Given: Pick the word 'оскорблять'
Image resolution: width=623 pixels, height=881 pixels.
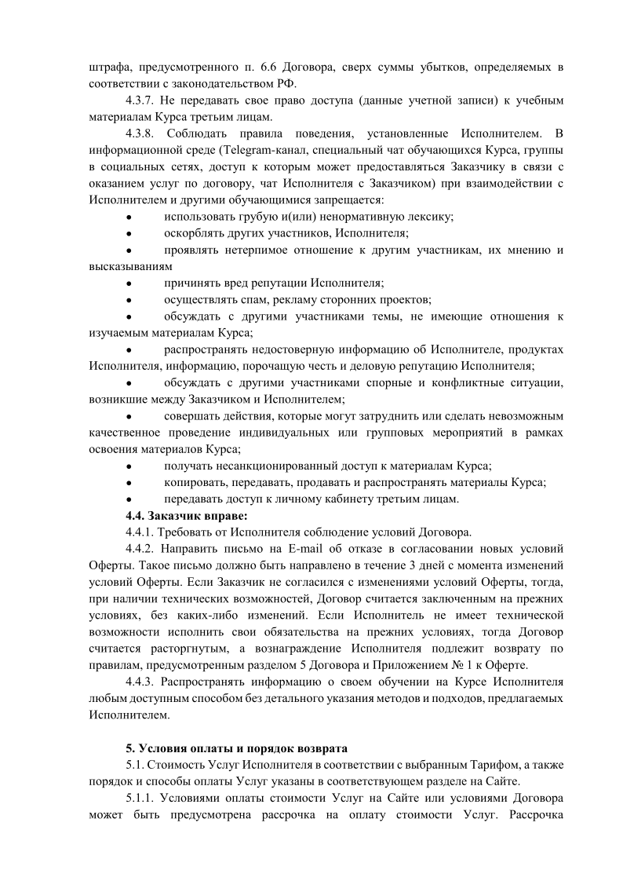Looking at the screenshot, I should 194,233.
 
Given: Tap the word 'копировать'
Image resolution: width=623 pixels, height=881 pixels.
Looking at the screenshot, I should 194,482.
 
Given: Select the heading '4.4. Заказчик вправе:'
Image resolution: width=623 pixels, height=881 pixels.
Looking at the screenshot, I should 186,515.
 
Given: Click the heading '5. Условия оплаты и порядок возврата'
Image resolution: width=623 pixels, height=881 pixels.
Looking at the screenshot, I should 237,747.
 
